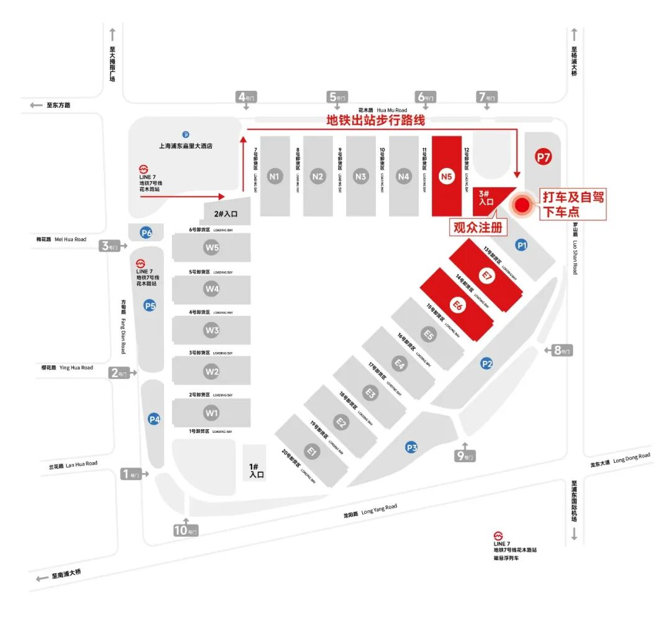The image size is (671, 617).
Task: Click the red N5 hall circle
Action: pos(446,176)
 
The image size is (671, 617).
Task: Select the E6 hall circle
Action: pos(457,305)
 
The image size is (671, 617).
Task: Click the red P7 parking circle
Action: pos(544,157)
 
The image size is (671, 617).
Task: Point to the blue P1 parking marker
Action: pos(523,246)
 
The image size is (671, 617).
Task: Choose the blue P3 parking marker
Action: pos(411,447)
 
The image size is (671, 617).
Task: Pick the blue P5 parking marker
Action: pos(149,305)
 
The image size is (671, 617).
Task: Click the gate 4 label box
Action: pos(246,97)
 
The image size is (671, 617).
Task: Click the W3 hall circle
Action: pos(212,330)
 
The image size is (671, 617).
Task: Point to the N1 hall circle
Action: pos(275,176)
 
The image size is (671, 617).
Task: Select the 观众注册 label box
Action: pos(478,228)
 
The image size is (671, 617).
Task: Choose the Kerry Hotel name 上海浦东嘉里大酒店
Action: pos(186,147)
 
